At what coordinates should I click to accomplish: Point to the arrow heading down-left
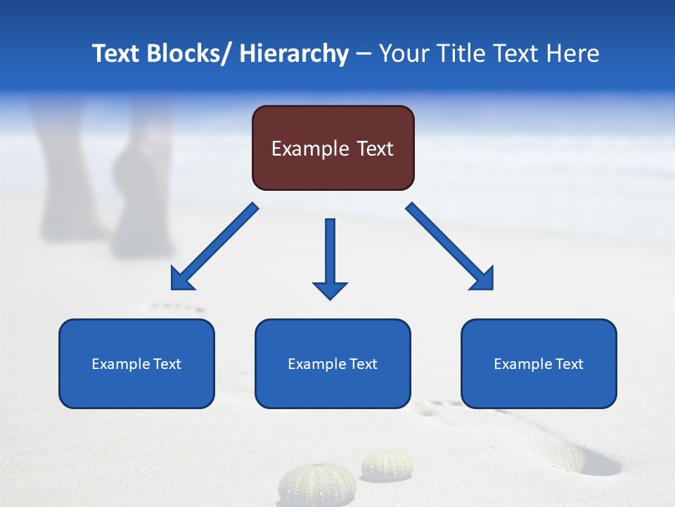[x=214, y=247]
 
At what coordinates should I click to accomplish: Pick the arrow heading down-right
[x=450, y=247]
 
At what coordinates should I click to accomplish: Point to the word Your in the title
[x=401, y=54]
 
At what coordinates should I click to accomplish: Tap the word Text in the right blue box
[x=567, y=364]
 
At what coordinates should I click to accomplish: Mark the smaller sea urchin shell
[x=387, y=465]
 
